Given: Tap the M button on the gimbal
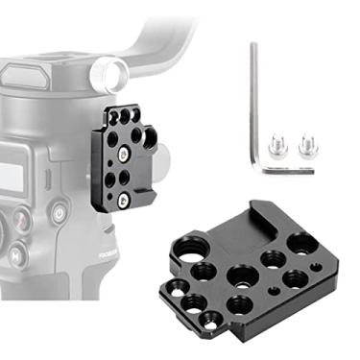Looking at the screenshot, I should pos(16,254).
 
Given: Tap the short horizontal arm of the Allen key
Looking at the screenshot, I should pos(288,170).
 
